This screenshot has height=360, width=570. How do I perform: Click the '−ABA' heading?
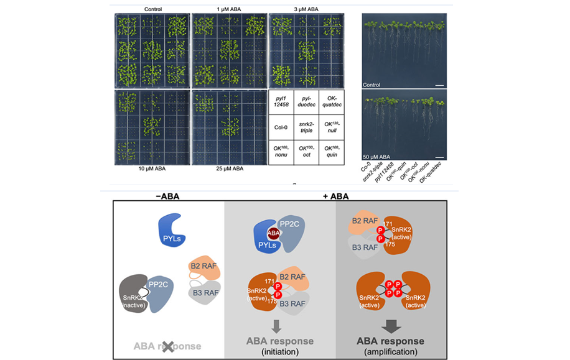[168, 196]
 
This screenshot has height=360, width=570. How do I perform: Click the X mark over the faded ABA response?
[167, 347]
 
